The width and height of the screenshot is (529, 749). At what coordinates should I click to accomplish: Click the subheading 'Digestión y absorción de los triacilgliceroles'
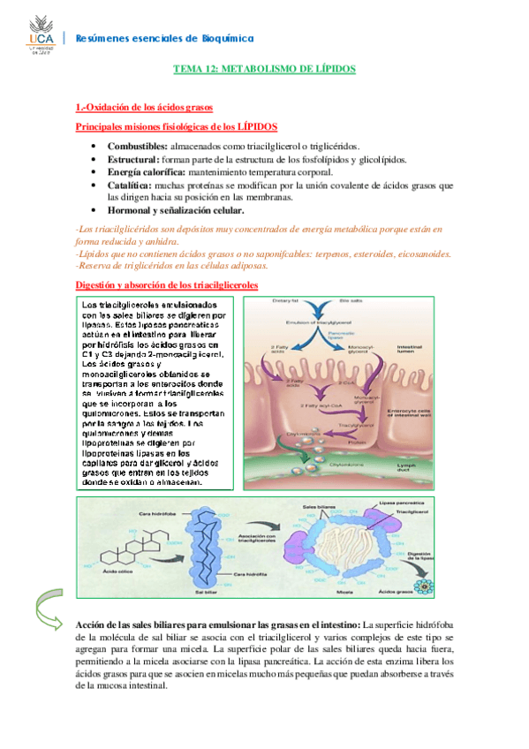point(166,285)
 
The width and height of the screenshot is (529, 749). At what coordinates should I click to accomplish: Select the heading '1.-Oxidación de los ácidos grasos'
point(144,108)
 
